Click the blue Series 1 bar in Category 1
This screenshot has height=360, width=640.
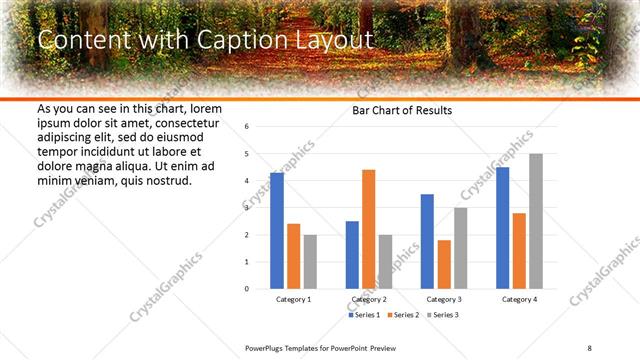point(277,231)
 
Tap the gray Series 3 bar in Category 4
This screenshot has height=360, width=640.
point(536,221)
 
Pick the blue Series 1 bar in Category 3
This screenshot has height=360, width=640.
point(427,241)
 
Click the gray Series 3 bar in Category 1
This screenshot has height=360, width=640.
point(310,261)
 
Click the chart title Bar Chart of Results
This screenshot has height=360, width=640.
point(402,110)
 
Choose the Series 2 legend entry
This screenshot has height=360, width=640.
point(403,315)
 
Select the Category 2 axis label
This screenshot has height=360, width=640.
point(368,299)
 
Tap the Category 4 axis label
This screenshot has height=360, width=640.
point(519,299)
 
